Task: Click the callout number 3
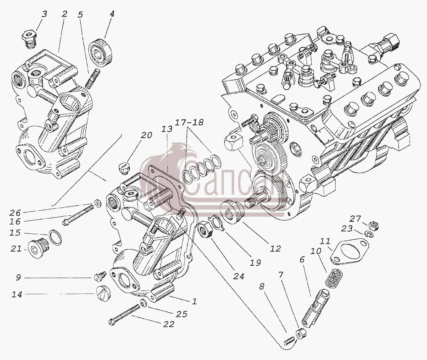click(44, 14)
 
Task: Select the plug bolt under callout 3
click(29, 40)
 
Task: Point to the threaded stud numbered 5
click(91, 79)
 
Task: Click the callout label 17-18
click(189, 123)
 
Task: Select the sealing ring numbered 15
click(55, 237)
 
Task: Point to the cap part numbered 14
click(102, 293)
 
